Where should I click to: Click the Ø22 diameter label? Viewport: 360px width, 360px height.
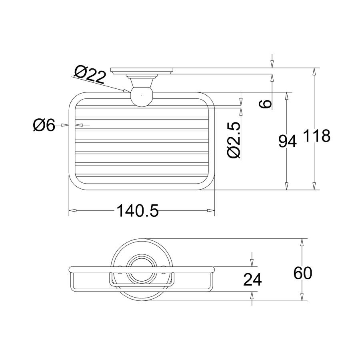pyautogui.click(x=90, y=74)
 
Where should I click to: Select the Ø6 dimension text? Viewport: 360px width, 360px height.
pyautogui.click(x=44, y=125)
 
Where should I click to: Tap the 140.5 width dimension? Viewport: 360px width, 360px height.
pyautogui.click(x=138, y=210)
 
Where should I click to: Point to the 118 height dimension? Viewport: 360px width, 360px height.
pyautogui.click(x=317, y=136)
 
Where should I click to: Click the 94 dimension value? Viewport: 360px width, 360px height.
pyautogui.click(x=288, y=141)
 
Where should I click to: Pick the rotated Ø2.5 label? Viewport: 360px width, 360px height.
pyautogui.click(x=234, y=140)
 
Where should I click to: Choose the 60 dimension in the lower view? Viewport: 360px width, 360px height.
pyautogui.click(x=303, y=273)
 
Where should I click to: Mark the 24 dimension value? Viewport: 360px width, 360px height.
pyautogui.click(x=252, y=280)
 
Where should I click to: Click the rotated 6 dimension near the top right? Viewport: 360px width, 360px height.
pyautogui.click(x=265, y=104)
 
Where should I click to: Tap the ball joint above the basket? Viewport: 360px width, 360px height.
pyautogui.click(x=142, y=96)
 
